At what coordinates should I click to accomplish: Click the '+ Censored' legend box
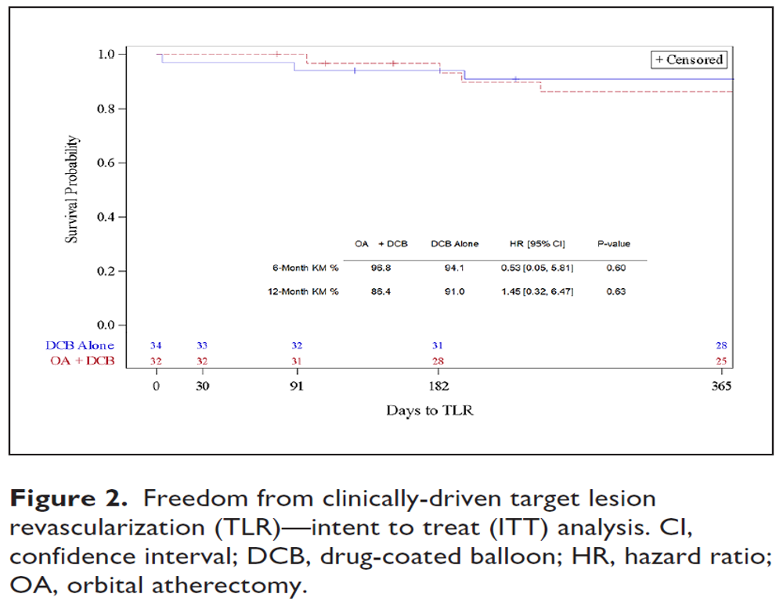[689, 59]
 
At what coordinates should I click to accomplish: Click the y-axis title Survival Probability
[72, 189]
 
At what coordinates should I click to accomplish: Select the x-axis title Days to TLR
[429, 410]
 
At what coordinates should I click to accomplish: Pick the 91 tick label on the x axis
[295, 387]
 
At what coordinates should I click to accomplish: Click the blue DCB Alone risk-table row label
[78, 345]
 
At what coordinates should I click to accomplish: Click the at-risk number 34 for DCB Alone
[156, 345]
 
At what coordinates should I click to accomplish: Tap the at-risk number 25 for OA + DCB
[721, 361]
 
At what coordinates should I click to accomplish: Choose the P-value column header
[613, 244]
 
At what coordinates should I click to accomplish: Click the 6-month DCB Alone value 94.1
[454, 268]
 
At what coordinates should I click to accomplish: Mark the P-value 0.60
[615, 268]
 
